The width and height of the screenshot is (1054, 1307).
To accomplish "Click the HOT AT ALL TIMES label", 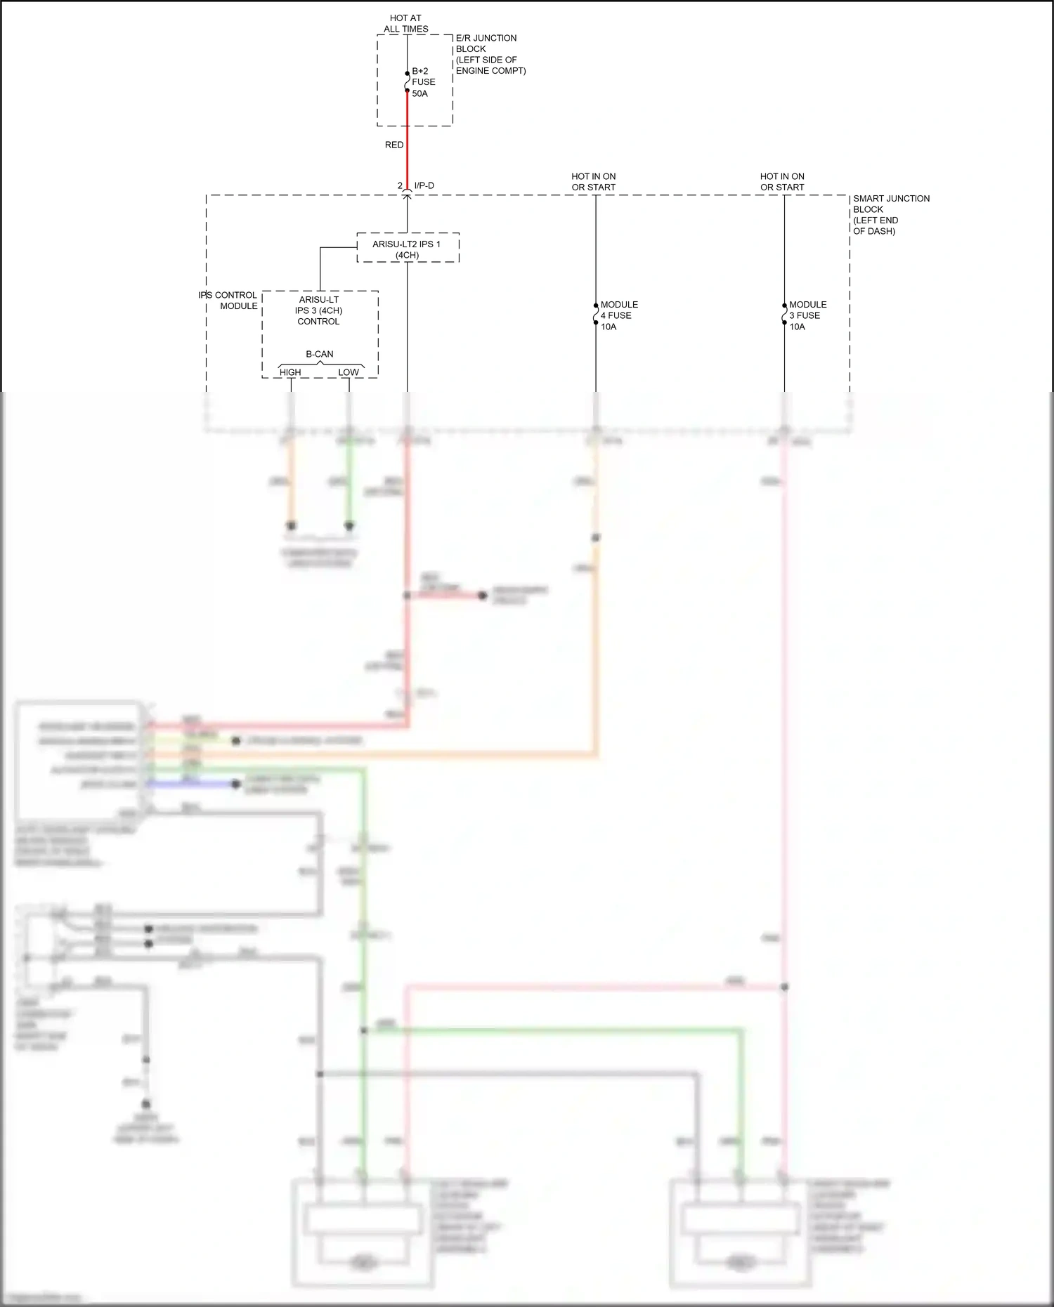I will [x=405, y=23].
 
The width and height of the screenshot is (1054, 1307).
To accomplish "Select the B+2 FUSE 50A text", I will [x=423, y=82].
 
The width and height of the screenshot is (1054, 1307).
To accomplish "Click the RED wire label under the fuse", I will [x=393, y=145].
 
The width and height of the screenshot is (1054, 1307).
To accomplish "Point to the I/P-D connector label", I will [x=424, y=185].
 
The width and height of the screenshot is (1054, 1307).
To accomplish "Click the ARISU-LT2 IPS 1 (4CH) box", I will [x=407, y=249].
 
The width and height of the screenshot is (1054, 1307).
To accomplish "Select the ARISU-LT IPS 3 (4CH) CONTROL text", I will [x=318, y=310].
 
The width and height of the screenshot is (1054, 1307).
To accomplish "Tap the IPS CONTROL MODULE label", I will [x=228, y=301].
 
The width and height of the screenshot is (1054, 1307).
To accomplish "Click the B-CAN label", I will [x=319, y=354].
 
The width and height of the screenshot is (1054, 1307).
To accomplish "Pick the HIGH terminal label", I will [x=290, y=372].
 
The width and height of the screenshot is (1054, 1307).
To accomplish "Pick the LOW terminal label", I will [x=348, y=372].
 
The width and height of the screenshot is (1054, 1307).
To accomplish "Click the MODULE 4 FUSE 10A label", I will [x=618, y=315].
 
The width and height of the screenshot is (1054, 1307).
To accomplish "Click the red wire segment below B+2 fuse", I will [x=407, y=140].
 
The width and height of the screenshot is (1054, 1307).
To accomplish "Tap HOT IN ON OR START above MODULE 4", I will [x=593, y=182].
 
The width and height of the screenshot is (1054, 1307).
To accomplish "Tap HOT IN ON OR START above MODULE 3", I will [x=781, y=182].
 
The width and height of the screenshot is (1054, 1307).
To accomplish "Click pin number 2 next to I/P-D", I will [x=400, y=185].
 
